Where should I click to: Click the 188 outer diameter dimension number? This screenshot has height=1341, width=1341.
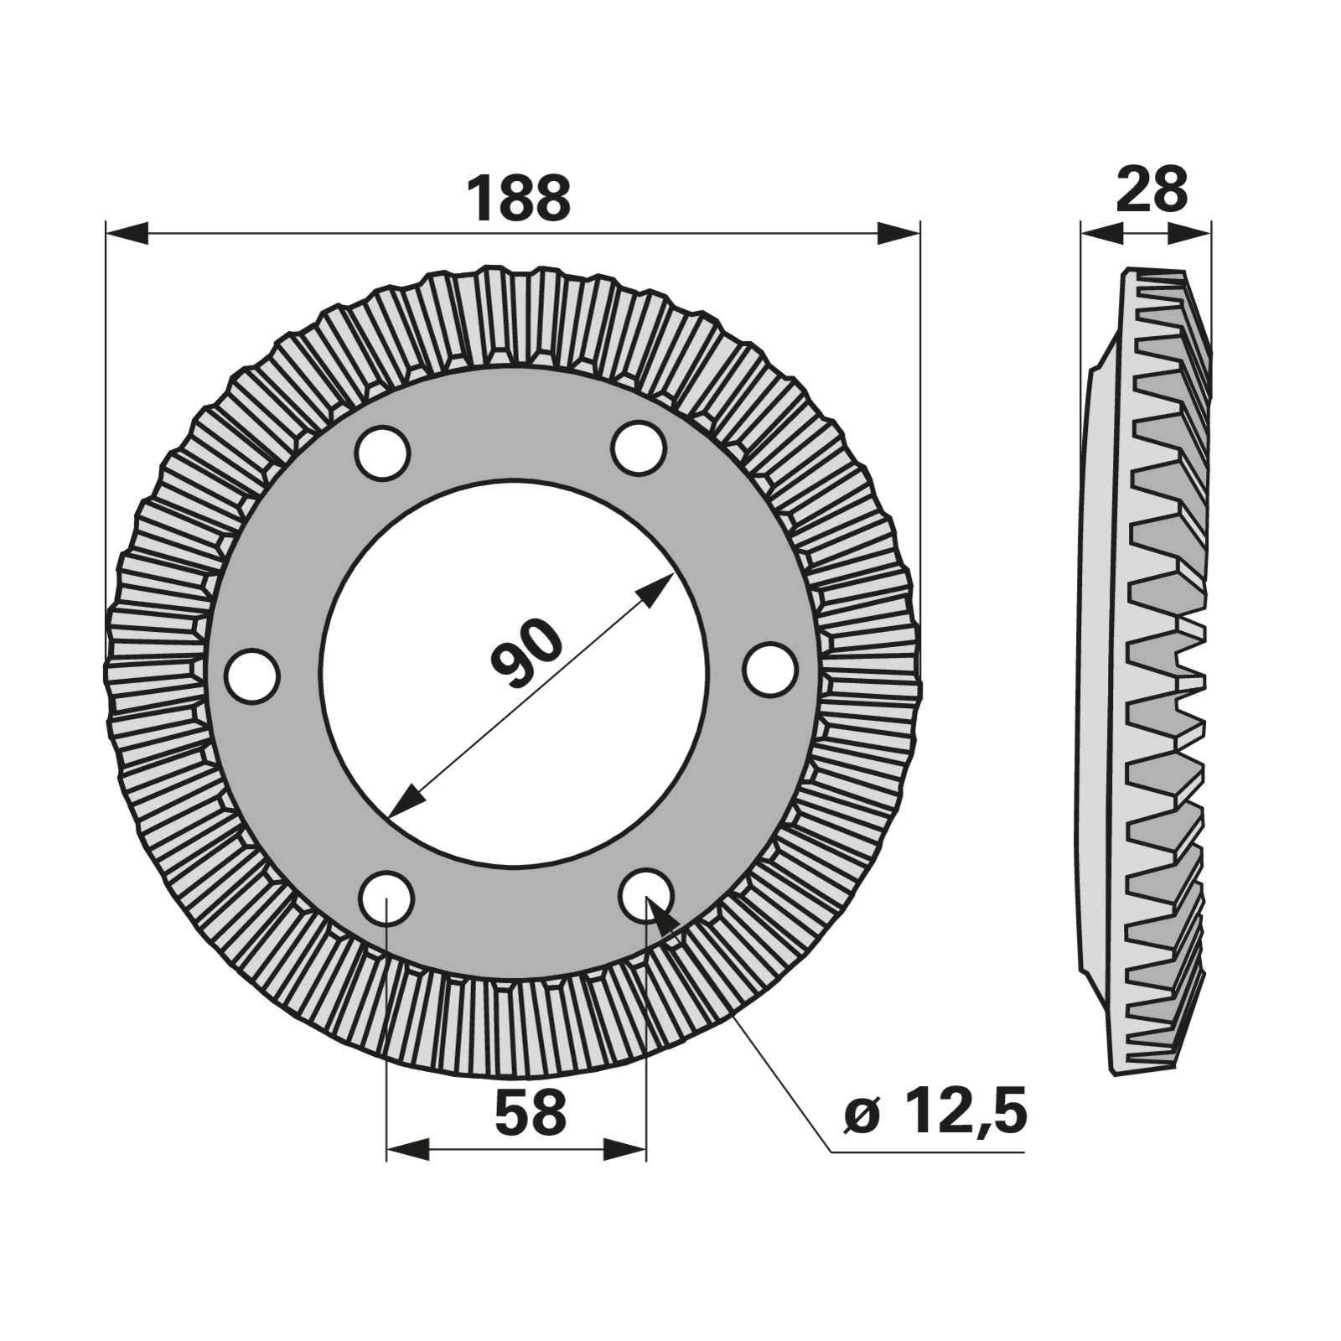[518, 199]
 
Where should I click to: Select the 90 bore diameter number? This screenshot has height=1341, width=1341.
[527, 652]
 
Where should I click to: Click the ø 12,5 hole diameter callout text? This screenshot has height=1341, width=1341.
[935, 1112]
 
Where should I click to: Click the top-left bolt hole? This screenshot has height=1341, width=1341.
[382, 453]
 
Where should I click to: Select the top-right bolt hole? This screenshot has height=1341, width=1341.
[639, 448]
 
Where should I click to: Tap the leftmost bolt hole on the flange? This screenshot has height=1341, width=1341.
[252, 676]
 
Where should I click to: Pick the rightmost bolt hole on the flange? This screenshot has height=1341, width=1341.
[769, 668]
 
